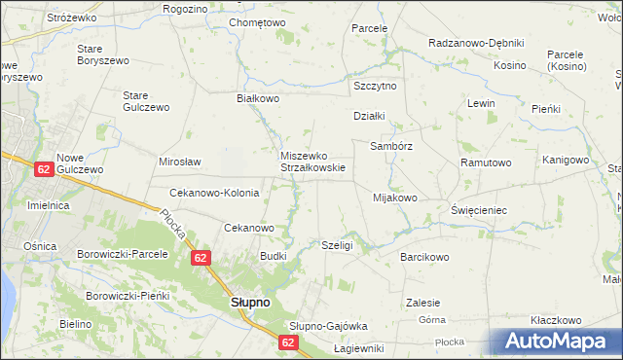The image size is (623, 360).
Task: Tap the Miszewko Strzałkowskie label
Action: click(311, 162)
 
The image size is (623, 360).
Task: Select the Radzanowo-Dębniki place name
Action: click(476, 44)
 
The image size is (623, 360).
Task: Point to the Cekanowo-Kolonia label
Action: click(214, 193)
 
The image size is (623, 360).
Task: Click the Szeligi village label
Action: click(336, 246)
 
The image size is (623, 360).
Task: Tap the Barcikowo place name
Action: click(423, 258)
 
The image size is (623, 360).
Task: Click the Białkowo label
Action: click(259, 98)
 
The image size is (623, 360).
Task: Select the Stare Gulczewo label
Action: click(146, 101)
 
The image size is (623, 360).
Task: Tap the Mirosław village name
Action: click(179, 162)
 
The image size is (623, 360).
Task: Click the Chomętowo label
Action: click(257, 22)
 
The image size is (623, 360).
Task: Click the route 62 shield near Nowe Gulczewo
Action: click(43, 169)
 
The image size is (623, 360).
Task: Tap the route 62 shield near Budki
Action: click(201, 258)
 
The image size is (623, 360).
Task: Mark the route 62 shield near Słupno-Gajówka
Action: click(289, 342)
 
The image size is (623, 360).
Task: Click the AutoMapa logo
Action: click(559, 341)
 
